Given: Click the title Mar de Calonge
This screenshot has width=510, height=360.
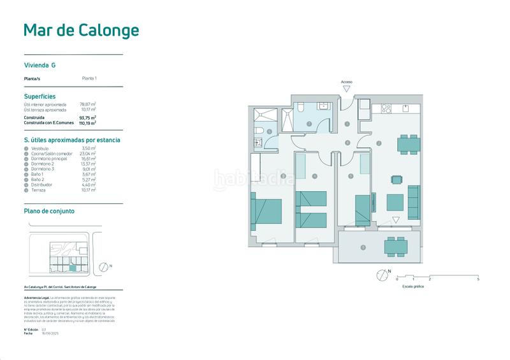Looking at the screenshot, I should click(80, 30).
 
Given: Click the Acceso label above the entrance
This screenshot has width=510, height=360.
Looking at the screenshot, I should click(347, 82).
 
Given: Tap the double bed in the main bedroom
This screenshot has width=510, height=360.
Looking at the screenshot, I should click(266, 210).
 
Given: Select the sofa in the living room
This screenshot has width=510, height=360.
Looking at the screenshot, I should click(413, 200).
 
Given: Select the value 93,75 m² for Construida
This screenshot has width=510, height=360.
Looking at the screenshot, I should click(87, 118).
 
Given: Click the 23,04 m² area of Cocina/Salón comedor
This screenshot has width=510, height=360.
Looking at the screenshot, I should click(87, 154).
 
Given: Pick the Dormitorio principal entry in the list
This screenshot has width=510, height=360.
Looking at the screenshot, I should click(47, 159).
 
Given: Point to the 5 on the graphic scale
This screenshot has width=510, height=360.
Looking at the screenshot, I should click(477, 280).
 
